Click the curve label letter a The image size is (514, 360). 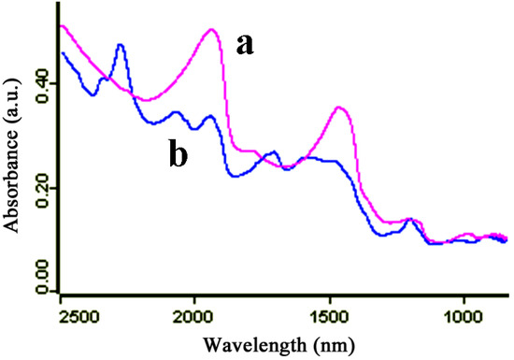tap(245, 44)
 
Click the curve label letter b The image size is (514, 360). tap(178, 155)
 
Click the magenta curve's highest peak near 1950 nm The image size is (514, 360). tap(211, 29)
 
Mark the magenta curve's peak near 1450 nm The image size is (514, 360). tap(340, 108)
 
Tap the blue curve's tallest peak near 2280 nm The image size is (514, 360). tap(120, 44)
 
